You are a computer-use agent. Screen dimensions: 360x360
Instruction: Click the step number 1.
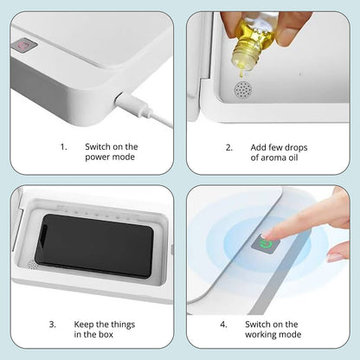(x=63, y=147)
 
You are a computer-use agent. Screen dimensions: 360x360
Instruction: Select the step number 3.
(x=52, y=324)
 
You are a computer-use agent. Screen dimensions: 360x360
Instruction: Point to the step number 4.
(x=223, y=324)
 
